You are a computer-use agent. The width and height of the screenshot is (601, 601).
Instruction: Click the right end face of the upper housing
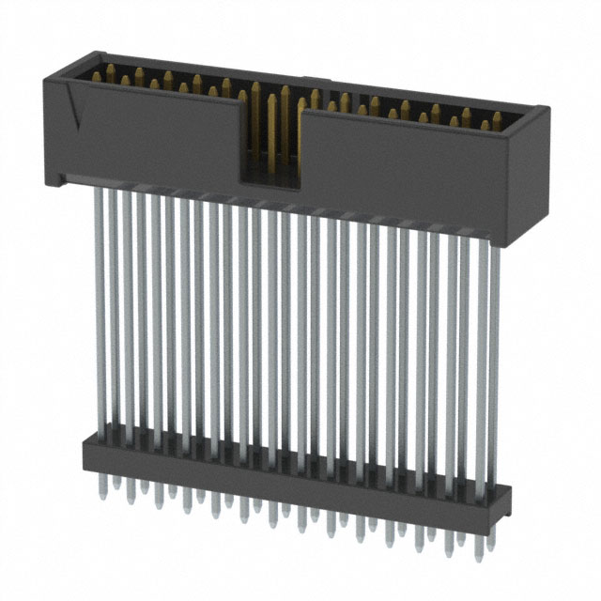[529, 178]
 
